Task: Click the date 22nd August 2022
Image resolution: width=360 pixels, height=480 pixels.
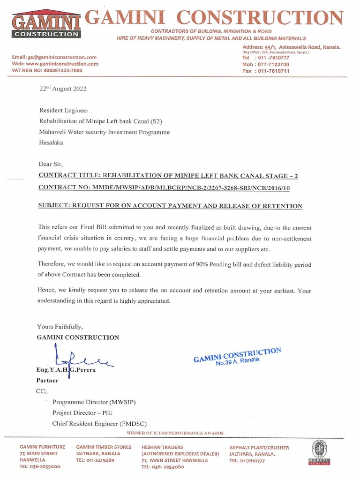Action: click(x=63, y=89)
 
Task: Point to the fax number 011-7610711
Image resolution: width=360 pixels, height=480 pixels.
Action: click(x=266, y=71)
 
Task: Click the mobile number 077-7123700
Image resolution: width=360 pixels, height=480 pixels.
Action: click(x=266, y=64)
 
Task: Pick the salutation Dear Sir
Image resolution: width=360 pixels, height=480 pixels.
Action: click(x=50, y=164)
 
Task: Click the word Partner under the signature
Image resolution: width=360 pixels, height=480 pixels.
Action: click(x=47, y=381)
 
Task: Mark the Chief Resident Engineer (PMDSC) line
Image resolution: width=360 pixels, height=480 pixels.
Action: click(x=100, y=424)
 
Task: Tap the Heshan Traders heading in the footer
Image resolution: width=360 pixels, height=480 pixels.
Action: click(x=162, y=447)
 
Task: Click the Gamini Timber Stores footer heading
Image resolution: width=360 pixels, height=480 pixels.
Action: click(x=104, y=447)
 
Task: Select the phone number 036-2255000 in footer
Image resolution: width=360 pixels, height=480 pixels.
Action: click(x=40, y=467)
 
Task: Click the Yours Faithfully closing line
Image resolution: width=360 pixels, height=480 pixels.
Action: click(x=60, y=327)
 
